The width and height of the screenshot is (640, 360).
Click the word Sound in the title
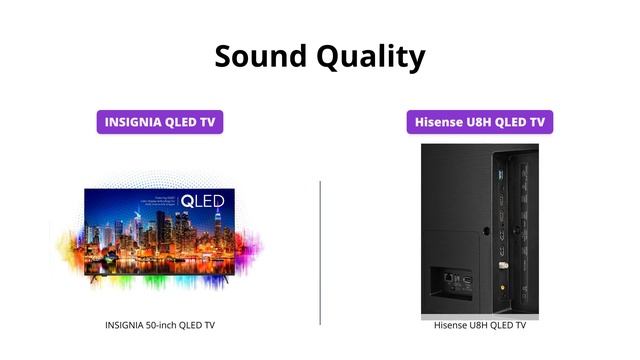pos(260,55)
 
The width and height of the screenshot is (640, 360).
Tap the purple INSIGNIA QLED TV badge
pos(160,122)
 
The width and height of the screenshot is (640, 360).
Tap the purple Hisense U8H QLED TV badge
pos(480,122)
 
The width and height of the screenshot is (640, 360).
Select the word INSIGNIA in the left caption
pos(127,325)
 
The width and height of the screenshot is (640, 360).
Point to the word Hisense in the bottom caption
pos(451,325)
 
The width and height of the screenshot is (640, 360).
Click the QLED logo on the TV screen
pos(202,202)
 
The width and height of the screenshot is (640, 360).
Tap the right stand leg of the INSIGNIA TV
pos(223,281)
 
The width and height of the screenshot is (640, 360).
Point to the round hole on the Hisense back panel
pos(486,231)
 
